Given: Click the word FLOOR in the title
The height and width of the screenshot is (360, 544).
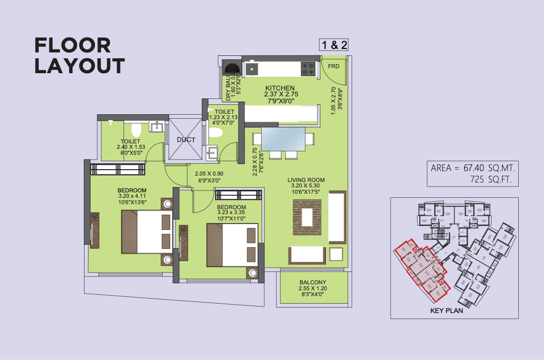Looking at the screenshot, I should click(x=72, y=45).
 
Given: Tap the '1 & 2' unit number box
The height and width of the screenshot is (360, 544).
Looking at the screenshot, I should click(x=335, y=45).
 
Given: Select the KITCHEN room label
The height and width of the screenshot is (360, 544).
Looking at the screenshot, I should click(x=280, y=88).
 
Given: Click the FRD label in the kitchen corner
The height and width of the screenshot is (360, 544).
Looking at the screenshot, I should click(x=334, y=66).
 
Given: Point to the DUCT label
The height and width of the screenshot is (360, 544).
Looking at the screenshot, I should click(x=186, y=140).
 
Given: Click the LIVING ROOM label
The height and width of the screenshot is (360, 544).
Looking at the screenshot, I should click(x=306, y=180).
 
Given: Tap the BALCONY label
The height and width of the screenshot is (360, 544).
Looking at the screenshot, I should click(x=313, y=281).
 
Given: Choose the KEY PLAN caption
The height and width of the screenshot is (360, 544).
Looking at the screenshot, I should click(x=447, y=311).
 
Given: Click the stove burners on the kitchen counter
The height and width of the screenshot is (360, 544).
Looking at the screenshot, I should click(x=308, y=68).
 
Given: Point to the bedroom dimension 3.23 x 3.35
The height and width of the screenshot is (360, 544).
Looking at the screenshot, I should click(x=231, y=213).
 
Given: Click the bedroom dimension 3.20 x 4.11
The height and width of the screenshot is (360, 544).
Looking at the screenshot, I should click(x=132, y=196).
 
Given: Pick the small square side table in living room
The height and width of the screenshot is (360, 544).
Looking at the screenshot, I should click(x=336, y=254).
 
